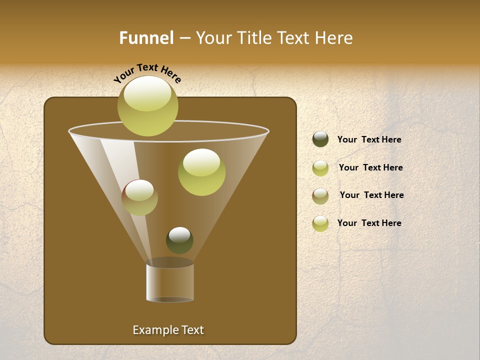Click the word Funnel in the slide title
pos(146,38)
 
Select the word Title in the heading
pos(254,38)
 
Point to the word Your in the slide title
pos(214,38)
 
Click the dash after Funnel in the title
pos(184,38)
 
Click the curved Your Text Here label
pos(147,72)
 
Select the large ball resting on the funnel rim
pos(147,106)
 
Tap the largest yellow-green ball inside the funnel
pos(201,172)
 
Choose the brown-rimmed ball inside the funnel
pos(139,197)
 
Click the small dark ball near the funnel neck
pos(179,240)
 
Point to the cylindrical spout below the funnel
pos(170,282)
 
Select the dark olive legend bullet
pos(320,139)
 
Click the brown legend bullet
pos(320,195)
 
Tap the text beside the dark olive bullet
pos(369,139)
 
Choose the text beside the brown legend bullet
pos(371,195)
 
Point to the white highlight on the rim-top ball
pos(147,94)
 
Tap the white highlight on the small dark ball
pos(179,234)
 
